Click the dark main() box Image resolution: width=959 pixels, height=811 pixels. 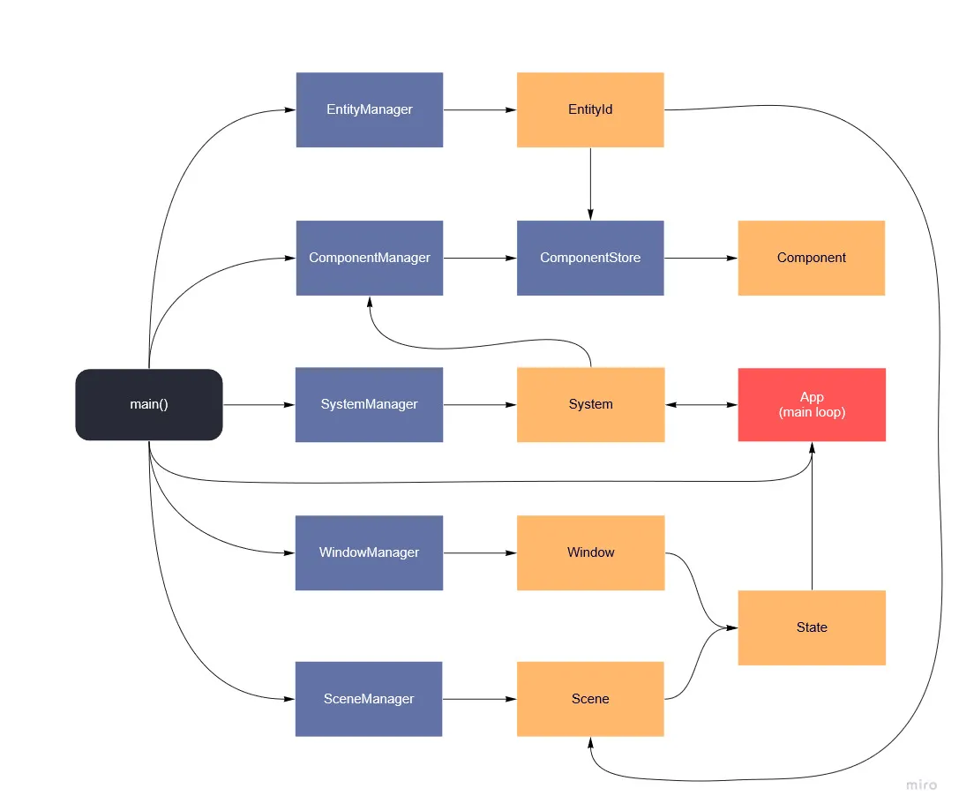[149, 404]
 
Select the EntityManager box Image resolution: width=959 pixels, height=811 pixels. [369, 109]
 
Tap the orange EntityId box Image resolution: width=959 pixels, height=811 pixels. [590, 109]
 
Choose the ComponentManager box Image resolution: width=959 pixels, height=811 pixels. [369, 258]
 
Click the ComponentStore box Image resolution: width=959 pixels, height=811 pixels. [590, 258]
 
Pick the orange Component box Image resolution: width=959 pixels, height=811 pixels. [811, 258]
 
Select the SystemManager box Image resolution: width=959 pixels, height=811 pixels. [369, 404]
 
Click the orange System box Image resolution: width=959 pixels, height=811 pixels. [590, 404]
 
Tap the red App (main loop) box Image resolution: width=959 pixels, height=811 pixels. [811, 404]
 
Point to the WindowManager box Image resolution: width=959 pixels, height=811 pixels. [369, 552]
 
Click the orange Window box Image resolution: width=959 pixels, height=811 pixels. [590, 552]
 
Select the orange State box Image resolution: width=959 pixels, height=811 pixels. [811, 627]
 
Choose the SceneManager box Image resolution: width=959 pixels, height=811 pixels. [369, 699]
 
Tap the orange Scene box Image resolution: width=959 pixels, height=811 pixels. [590, 699]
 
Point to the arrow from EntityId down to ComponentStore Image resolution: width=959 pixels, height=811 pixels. [590, 184]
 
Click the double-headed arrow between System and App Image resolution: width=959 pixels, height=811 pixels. [701, 405]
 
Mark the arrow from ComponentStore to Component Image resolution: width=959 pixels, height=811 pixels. [701, 259]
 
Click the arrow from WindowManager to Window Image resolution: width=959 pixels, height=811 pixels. [480, 553]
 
